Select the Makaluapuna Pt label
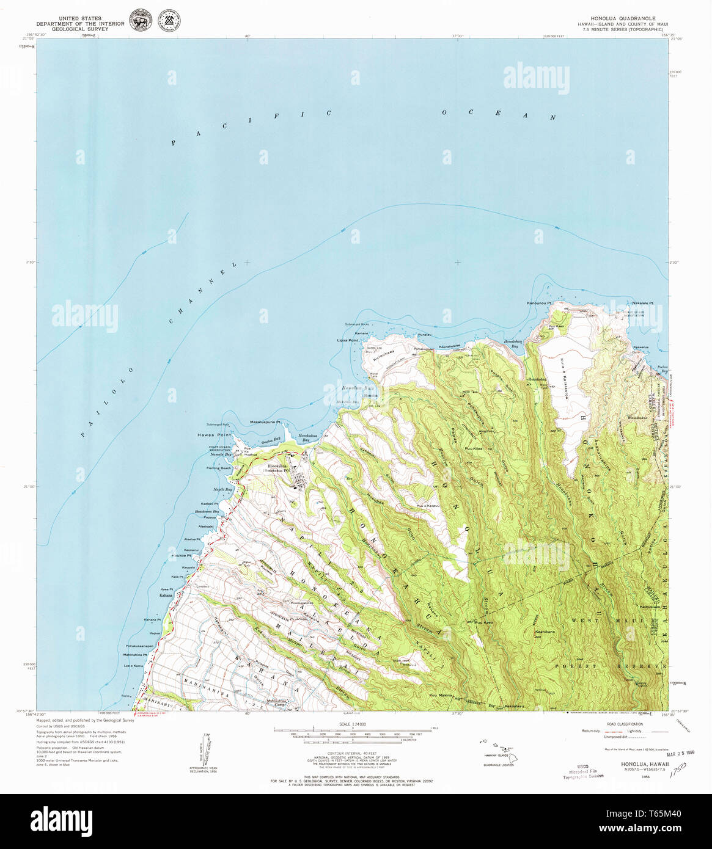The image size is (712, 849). [265, 422]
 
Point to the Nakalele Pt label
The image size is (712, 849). [642, 303]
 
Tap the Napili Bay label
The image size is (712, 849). [222, 489]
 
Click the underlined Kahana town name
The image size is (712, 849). [166, 595]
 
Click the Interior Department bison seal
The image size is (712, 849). [141, 20]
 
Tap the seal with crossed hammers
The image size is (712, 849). [169, 20]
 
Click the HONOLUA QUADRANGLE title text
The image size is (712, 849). [623, 19]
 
